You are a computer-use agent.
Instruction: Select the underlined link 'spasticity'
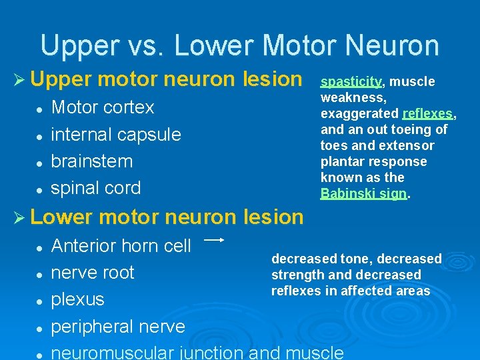pos(351,82)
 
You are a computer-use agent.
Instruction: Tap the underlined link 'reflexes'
pos(428,114)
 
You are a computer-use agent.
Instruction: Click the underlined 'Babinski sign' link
pos(363,194)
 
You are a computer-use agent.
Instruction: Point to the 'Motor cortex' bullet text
pos(103,107)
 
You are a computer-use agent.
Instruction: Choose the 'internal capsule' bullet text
pos(116,135)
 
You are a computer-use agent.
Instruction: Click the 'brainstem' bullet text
pos(92,161)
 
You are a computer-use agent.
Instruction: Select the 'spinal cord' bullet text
pos(96,188)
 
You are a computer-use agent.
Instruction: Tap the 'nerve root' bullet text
pos(93,273)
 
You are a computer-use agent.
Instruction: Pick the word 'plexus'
pos(78,300)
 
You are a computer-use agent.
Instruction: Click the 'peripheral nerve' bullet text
pos(118,327)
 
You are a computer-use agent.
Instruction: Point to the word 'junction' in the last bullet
pos(211,353)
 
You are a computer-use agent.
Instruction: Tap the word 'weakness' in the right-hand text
pos(346,98)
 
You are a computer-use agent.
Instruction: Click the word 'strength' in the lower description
pos(295,275)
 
